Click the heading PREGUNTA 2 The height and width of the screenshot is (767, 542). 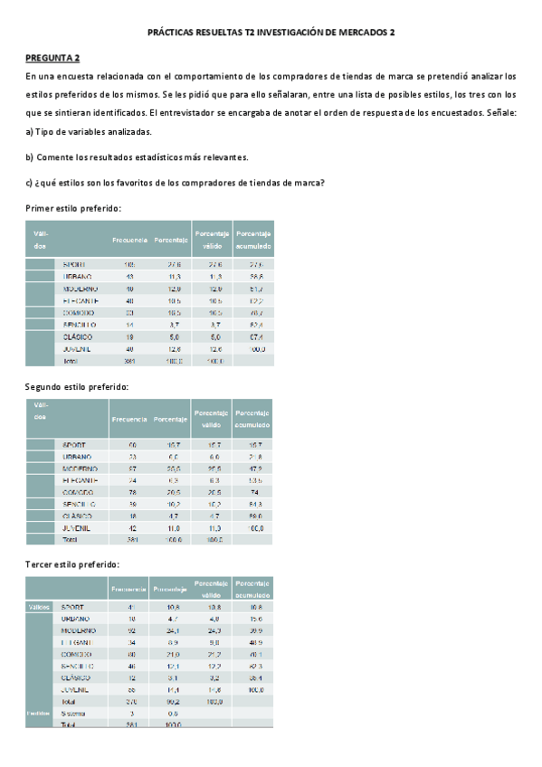52,57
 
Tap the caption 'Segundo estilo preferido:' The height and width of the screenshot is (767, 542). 77,386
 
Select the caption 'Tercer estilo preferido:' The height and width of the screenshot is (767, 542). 72,564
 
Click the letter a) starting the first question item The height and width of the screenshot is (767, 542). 30,132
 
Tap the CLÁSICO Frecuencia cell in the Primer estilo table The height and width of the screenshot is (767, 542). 129,336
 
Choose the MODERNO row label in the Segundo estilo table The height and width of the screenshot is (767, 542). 80,469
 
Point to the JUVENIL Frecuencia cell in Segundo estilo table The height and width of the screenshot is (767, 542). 132,527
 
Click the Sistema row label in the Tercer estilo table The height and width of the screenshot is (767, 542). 73,713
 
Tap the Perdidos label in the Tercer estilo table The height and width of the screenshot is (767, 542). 39,713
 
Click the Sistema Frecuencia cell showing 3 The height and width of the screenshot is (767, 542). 132,713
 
